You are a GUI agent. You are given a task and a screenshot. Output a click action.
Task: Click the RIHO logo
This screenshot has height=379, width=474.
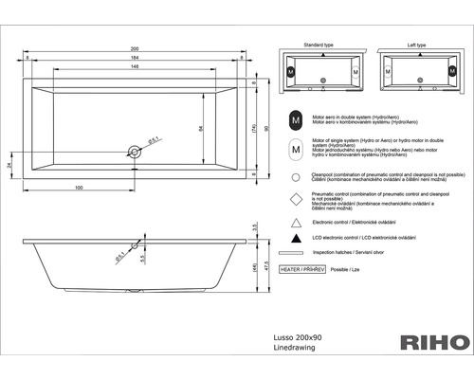[x=433, y=341]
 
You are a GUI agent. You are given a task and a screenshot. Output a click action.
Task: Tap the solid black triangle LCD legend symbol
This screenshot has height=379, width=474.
[x=297, y=241]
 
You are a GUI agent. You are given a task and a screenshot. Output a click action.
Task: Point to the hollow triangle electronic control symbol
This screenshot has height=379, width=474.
[x=297, y=221]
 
